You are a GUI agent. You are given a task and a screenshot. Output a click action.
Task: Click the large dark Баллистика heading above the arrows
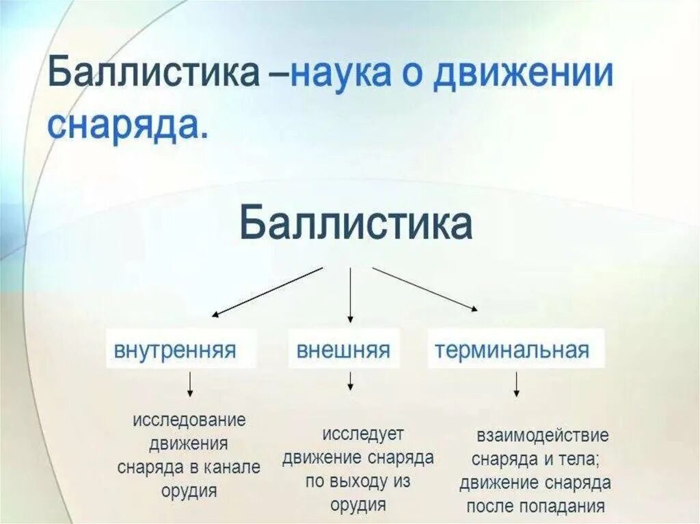pyautogui.click(x=355, y=223)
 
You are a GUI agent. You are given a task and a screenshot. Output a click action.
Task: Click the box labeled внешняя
pyautogui.click(x=343, y=350)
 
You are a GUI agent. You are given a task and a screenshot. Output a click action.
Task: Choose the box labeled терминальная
pyautogui.click(x=512, y=350)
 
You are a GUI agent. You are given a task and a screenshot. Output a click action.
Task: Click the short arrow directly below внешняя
pyautogui.click(x=350, y=381)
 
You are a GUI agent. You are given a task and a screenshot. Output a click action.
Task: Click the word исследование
pyautogui.click(x=189, y=419)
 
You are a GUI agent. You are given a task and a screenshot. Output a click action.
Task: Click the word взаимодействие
pyautogui.click(x=543, y=436)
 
